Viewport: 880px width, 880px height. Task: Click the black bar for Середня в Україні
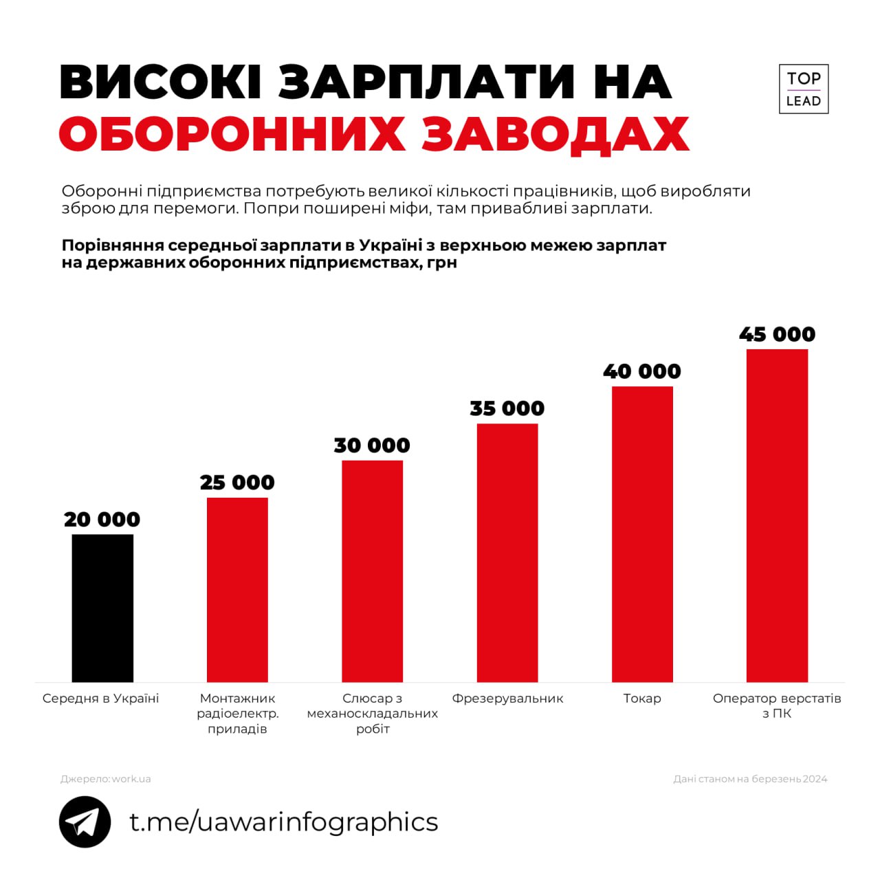click(102, 608)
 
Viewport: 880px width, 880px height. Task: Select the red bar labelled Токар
click(642, 533)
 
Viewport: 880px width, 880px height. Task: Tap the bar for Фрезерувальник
click(507, 552)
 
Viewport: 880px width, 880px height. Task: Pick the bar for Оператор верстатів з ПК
click(777, 515)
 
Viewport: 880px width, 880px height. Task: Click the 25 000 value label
click(237, 483)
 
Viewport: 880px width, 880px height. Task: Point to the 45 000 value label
click(777, 334)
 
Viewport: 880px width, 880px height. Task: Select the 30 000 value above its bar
click(372, 445)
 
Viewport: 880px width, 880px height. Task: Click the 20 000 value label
click(102, 520)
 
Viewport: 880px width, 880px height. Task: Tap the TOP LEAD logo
click(803, 89)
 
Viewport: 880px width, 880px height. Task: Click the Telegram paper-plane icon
click(85, 822)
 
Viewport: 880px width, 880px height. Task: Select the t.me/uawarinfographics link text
click(283, 822)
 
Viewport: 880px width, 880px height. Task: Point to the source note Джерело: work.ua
click(106, 779)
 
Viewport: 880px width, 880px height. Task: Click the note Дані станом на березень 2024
click(750, 779)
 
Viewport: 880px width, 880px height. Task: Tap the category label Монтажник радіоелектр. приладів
click(237, 713)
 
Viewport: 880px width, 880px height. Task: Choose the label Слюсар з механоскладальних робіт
click(372, 713)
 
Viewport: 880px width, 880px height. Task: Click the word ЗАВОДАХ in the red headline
click(555, 133)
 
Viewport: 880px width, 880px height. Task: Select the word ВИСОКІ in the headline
click(161, 82)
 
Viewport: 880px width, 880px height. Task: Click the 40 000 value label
click(642, 371)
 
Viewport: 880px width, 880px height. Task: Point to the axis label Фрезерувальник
click(507, 698)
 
